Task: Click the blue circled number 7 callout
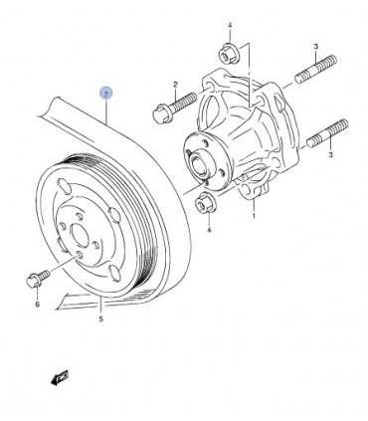107,92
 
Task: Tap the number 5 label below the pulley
101,320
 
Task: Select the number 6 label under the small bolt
37,306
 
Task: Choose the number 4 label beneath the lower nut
209,230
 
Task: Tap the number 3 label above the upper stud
315,47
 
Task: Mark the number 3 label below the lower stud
317,154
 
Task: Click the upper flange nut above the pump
223,54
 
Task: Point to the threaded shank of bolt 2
185,103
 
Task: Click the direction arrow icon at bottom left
59,375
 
